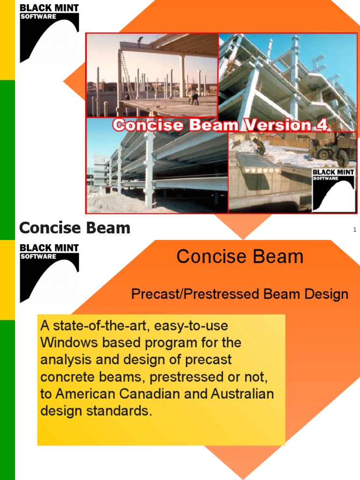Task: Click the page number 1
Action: (x=355, y=229)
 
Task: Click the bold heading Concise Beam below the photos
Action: (x=75, y=228)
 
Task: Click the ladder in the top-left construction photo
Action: (x=126, y=73)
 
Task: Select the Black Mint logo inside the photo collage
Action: (x=333, y=190)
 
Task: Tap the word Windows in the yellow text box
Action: (x=68, y=343)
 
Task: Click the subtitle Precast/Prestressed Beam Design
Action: (x=240, y=294)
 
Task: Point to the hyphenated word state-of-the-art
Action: (x=100, y=325)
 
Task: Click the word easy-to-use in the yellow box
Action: (x=191, y=325)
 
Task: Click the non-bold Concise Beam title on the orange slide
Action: (x=240, y=257)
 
